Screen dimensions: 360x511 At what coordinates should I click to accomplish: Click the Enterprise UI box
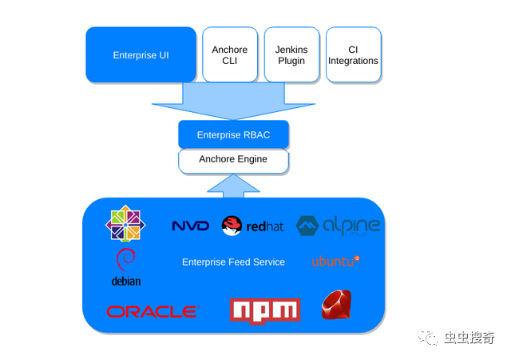[141, 54]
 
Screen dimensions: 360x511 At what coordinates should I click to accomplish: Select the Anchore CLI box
[230, 54]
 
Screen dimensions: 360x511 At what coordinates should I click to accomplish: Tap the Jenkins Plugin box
[291, 54]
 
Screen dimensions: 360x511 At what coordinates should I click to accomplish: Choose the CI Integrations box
[353, 54]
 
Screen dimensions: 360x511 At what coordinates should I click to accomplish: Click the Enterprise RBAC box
[233, 134]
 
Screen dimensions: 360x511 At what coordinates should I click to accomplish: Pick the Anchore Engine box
[233, 159]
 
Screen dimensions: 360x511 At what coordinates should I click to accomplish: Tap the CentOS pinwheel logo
[127, 223]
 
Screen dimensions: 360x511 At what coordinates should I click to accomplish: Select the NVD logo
[190, 226]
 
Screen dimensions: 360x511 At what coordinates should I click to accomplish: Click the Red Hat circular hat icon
[232, 226]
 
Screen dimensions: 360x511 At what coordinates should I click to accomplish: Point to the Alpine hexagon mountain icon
[308, 226]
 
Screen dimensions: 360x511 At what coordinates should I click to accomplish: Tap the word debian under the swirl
[126, 281]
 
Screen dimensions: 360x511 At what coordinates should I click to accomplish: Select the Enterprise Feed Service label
[233, 262]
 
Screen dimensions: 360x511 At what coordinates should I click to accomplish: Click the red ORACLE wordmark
[152, 311]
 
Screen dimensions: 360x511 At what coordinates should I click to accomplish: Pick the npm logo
[264, 310]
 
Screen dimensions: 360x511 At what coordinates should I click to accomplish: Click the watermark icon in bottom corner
[431, 338]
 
